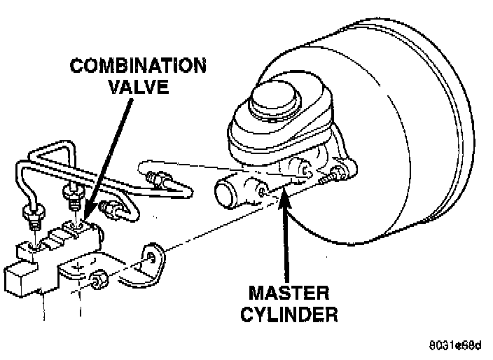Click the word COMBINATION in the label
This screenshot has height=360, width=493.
[x=138, y=67]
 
